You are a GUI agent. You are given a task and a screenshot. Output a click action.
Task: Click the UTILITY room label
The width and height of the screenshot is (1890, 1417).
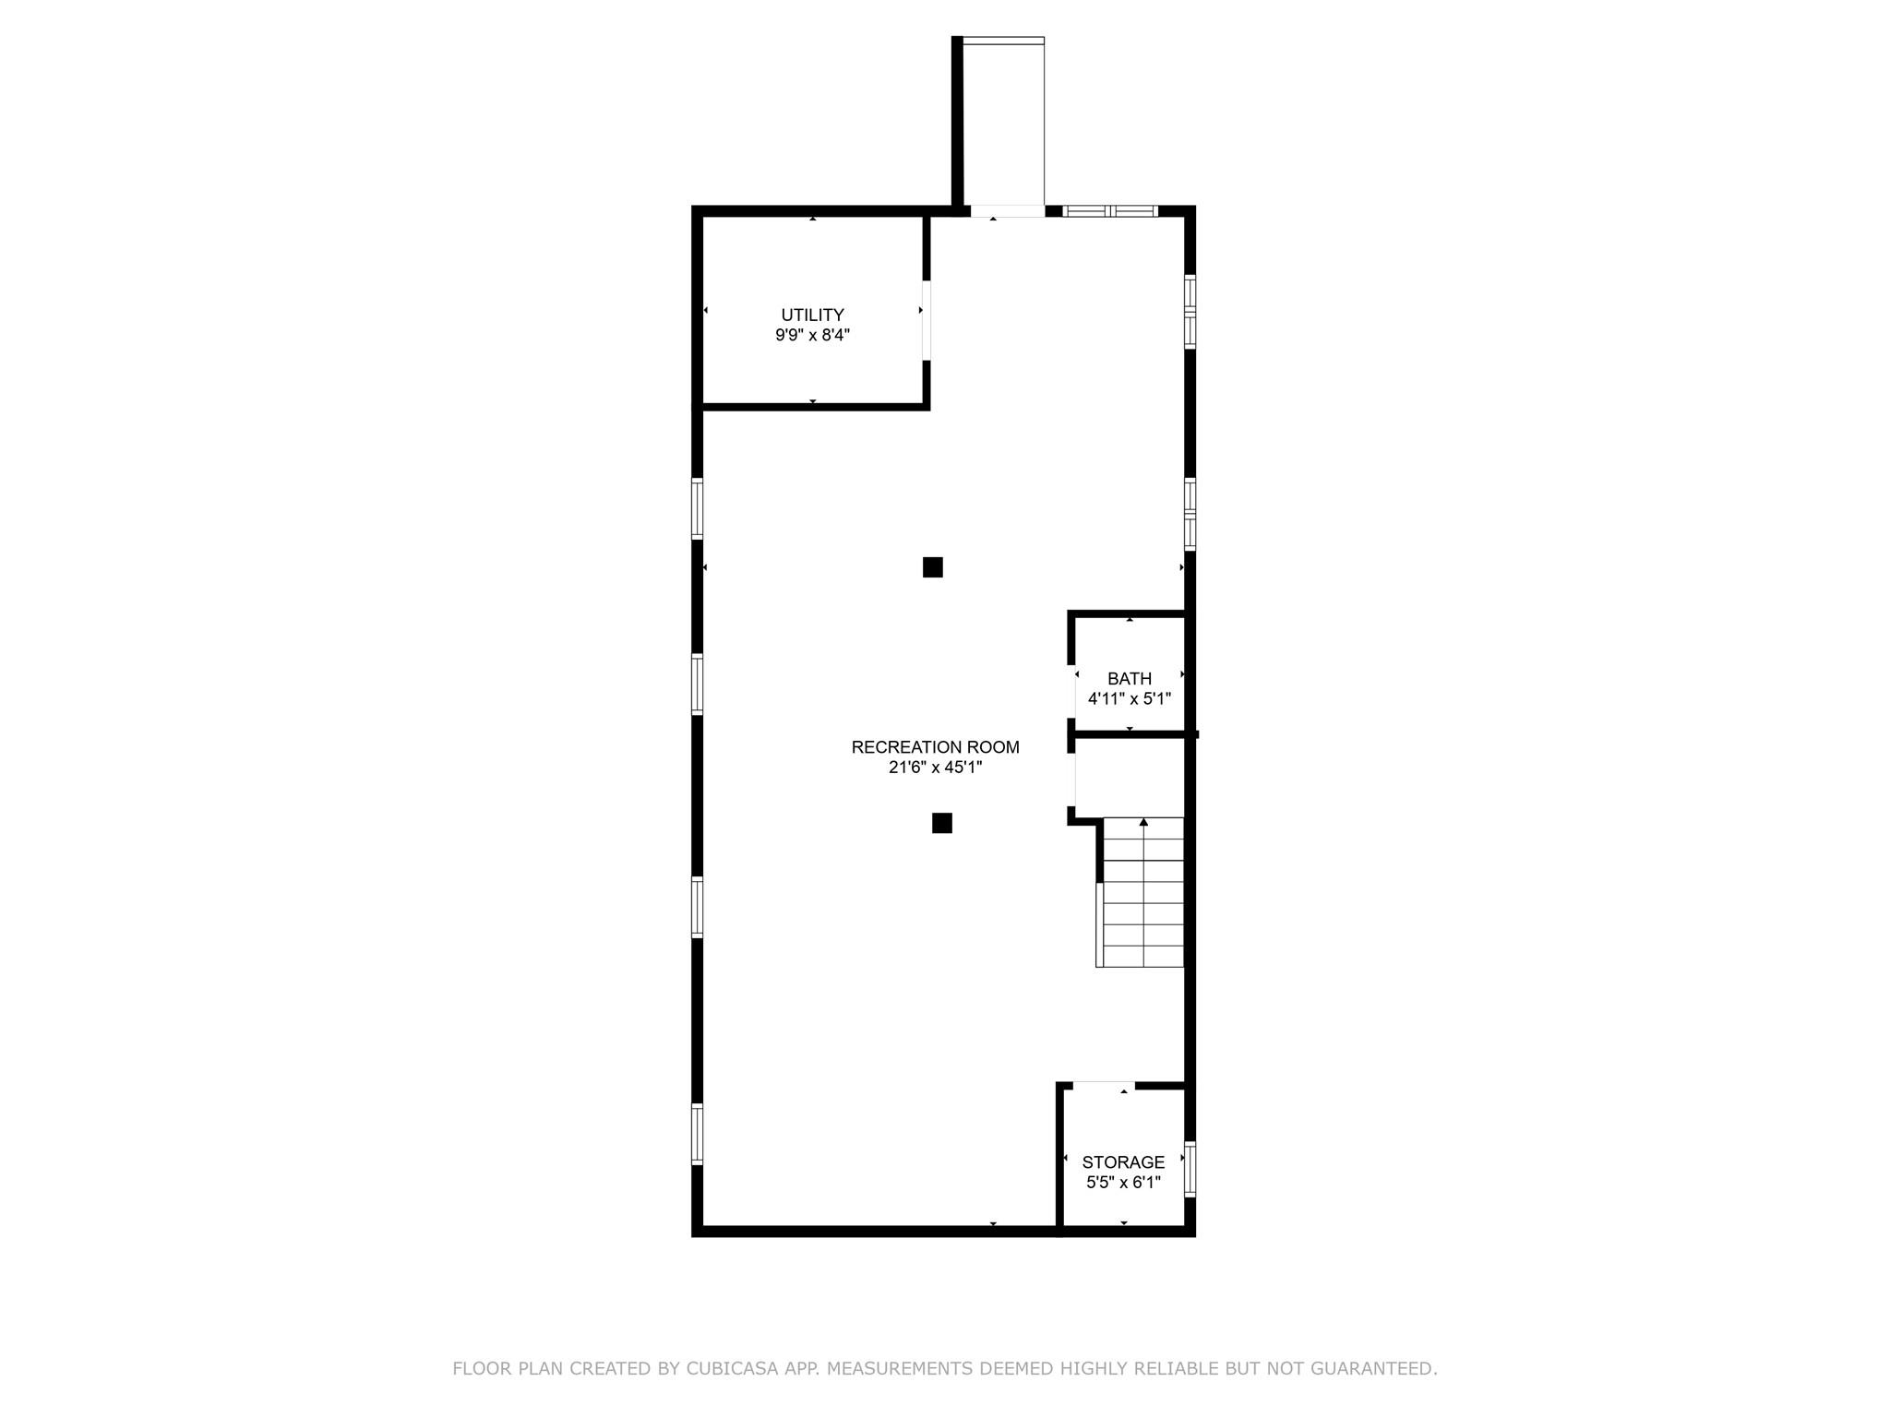coord(812,315)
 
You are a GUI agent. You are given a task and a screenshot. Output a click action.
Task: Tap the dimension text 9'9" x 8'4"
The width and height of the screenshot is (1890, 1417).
coord(812,336)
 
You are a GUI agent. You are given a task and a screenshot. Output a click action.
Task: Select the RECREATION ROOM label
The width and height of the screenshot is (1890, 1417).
coord(935,747)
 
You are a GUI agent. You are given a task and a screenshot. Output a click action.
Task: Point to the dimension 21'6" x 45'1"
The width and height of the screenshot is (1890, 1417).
coord(935,768)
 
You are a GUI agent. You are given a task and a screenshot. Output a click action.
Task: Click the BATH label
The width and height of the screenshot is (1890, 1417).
coord(1130,679)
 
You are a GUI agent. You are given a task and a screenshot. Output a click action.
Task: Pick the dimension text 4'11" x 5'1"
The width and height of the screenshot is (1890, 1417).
coord(1130,699)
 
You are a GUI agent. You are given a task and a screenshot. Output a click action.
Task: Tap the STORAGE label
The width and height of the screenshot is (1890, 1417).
coord(1123,1162)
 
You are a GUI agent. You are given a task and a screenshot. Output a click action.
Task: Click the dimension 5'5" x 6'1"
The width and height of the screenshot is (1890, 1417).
coord(1123,1183)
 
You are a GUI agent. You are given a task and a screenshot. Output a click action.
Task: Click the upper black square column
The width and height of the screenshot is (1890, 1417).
coord(932,567)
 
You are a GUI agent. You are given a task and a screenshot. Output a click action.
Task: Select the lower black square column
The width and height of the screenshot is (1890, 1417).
coord(941,823)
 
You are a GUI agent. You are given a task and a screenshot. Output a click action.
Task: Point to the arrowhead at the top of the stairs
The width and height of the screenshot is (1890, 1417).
coord(1143,822)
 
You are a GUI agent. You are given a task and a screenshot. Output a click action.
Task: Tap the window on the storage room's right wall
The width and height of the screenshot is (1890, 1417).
coord(1190,1169)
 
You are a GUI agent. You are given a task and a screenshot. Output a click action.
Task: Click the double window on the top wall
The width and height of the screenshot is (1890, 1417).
coord(1110,211)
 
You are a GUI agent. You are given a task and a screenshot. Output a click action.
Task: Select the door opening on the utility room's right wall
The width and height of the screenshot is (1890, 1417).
coord(926,320)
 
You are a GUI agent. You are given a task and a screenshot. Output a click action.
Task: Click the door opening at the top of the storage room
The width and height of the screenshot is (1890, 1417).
coord(1104,1085)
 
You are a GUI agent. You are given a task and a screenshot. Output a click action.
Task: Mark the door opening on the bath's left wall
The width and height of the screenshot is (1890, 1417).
coord(1072,690)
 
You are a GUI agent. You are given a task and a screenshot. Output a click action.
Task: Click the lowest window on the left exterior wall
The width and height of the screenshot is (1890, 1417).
coord(698,1134)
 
